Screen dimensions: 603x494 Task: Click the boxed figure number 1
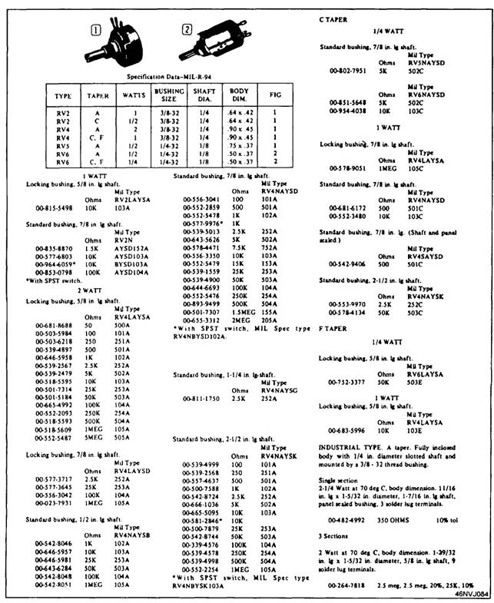pos(96,32)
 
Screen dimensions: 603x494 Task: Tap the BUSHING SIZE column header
pos(169,96)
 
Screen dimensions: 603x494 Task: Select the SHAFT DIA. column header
pos(201,96)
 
